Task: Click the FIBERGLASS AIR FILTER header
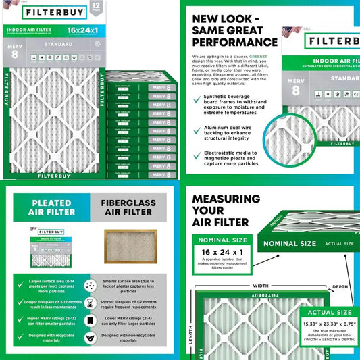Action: tap(130, 207)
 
